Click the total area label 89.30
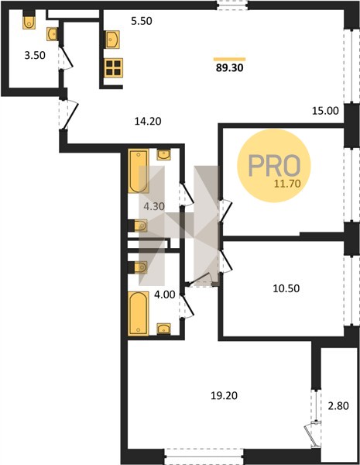(x=230, y=68)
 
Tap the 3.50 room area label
(x=35, y=56)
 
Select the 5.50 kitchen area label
(x=142, y=21)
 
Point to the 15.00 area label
(x=325, y=111)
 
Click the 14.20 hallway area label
(x=148, y=122)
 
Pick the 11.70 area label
(x=287, y=184)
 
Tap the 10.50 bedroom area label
(x=286, y=288)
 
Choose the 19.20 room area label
(x=224, y=395)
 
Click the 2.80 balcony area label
(x=338, y=405)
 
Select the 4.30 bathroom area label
(x=154, y=206)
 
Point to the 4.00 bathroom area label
(x=165, y=294)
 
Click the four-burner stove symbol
(x=114, y=67)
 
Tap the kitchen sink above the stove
(x=112, y=40)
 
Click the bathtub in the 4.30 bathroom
(x=139, y=171)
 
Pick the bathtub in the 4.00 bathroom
(x=139, y=313)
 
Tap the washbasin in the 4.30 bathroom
(x=163, y=154)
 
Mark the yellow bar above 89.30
(x=230, y=60)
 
